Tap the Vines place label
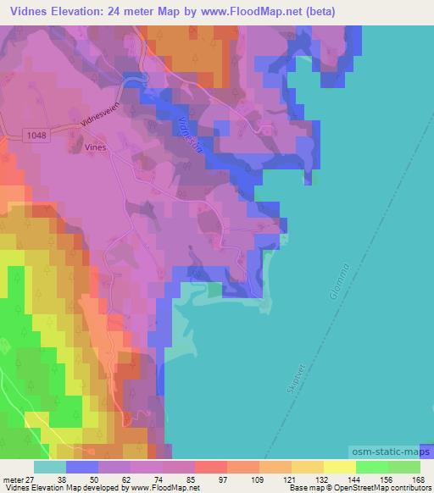coord(97,146)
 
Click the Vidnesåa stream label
coord(192,134)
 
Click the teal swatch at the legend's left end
coord(50,466)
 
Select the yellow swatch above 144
coord(340,466)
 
